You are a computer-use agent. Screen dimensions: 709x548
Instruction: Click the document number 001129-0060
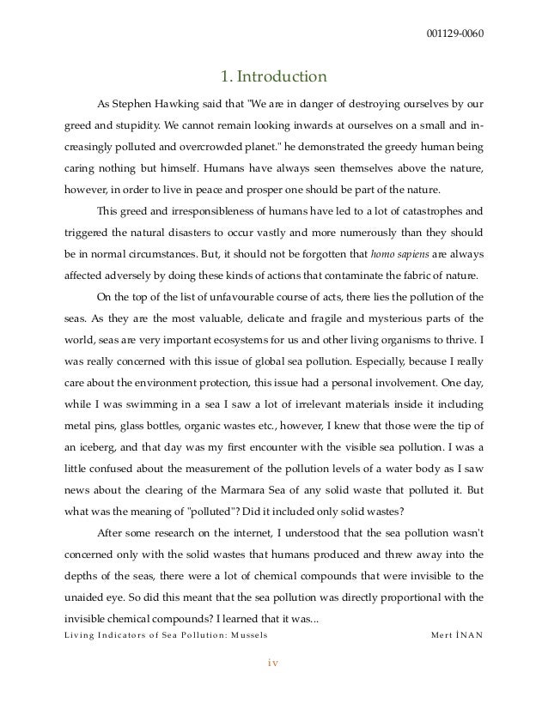[x=454, y=34]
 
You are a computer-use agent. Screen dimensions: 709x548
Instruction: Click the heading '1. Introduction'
[x=273, y=78]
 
